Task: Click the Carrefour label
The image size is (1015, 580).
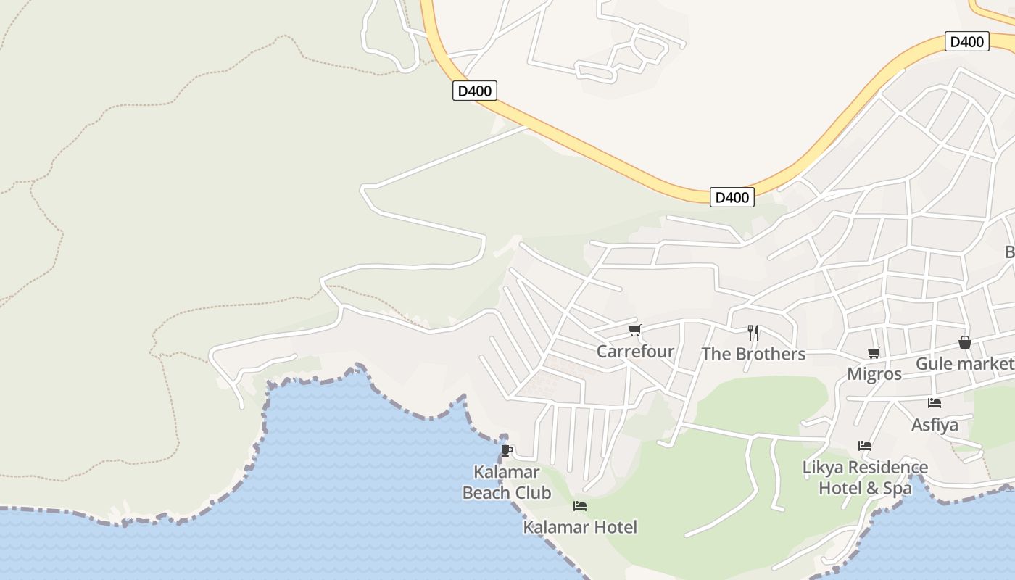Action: [635, 352]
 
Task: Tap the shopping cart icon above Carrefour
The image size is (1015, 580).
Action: [635, 331]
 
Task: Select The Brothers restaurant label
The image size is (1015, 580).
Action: [753, 354]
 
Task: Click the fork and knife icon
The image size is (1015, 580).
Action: [753, 333]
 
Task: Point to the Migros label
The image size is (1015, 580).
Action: [874, 374]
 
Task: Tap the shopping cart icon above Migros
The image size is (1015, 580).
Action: [874, 353]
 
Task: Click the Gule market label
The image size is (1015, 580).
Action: [964, 363]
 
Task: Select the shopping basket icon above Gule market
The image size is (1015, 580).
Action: [965, 342]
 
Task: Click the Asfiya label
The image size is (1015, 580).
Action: [935, 424]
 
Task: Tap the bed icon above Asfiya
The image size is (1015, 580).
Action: [935, 403]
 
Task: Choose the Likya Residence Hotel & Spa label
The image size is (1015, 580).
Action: [865, 478]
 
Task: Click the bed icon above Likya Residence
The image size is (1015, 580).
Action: [865, 446]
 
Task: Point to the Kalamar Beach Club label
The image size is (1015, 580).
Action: [507, 482]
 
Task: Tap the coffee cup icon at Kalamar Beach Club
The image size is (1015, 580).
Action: [507, 450]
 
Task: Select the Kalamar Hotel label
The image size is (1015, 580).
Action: [580, 527]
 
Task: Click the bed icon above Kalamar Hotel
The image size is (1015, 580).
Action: [580, 506]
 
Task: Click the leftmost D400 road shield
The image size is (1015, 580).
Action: [475, 91]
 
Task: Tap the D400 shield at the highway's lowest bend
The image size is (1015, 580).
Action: [732, 197]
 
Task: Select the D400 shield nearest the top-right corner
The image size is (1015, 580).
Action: [967, 42]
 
